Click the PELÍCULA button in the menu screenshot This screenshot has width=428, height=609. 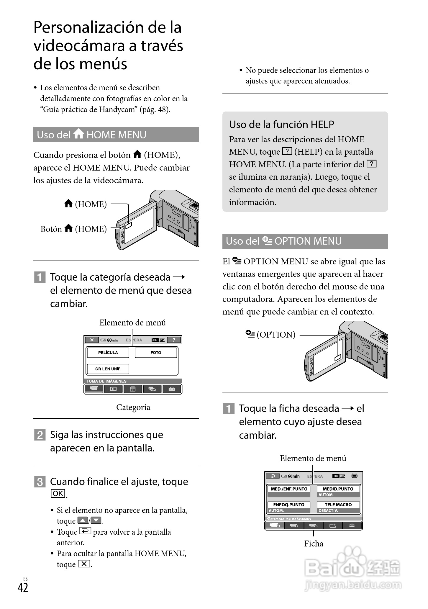pyautogui.click(x=108, y=353)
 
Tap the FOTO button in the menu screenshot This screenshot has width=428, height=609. pyautogui.click(x=156, y=353)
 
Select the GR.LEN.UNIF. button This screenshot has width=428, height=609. pyautogui.click(x=108, y=369)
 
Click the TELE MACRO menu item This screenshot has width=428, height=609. pyautogui.click(x=338, y=505)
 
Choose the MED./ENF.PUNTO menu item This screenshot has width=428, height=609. pyautogui.click(x=289, y=489)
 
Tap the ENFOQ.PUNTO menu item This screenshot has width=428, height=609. pyautogui.click(x=289, y=505)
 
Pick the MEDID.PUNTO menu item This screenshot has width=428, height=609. pyautogui.click(x=338, y=489)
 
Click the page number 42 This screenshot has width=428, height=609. pyautogui.click(x=23, y=587)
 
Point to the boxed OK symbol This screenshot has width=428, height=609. pyautogui.click(x=58, y=494)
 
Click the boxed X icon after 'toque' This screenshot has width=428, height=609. pyautogui.click(x=84, y=564)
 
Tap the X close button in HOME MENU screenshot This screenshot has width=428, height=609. pyautogui.click(x=92, y=340)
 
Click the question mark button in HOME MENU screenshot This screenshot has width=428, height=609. pyautogui.click(x=174, y=340)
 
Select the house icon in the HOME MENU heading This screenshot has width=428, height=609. pyautogui.click(x=79, y=134)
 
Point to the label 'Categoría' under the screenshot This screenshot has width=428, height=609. pyautogui.click(x=133, y=407)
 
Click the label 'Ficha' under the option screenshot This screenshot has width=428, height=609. pyautogui.click(x=314, y=543)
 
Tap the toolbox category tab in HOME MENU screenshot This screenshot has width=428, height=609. pyautogui.click(x=172, y=389)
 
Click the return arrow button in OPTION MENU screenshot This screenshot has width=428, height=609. pyautogui.click(x=273, y=476)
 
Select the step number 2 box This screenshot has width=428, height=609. pyautogui.click(x=40, y=435)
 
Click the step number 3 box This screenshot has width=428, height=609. pyautogui.click(x=40, y=482)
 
